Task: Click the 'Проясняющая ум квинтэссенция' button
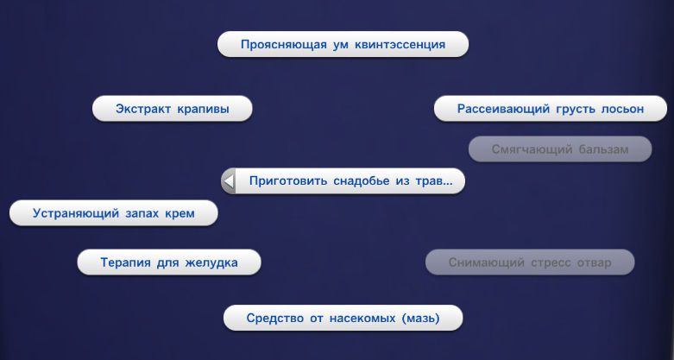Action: point(343,44)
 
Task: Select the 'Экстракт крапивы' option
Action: point(173,109)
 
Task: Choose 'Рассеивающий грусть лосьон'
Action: point(551,109)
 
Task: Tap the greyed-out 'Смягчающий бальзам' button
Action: point(560,149)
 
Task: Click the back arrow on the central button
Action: point(229,181)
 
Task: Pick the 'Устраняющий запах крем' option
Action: point(113,213)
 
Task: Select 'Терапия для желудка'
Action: point(169,262)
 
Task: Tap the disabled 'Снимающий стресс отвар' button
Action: point(530,262)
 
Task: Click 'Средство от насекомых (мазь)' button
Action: point(343,319)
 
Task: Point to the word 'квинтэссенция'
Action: point(400,45)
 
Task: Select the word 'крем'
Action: point(180,214)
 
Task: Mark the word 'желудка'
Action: point(211,262)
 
